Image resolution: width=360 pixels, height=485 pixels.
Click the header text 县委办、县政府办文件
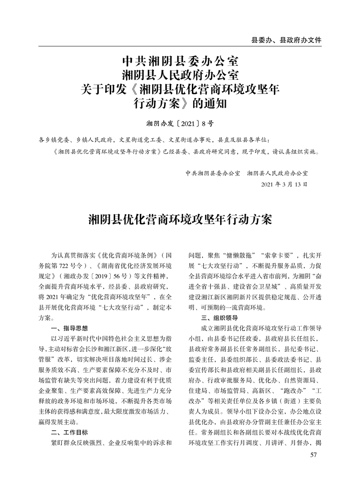point(286,40)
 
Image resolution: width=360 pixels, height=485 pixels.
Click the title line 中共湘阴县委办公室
point(180,60)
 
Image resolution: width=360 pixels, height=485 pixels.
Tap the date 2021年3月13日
point(284,184)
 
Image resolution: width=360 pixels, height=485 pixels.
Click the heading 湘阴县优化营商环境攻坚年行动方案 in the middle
point(180,220)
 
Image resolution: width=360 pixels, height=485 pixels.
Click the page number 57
point(314,455)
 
